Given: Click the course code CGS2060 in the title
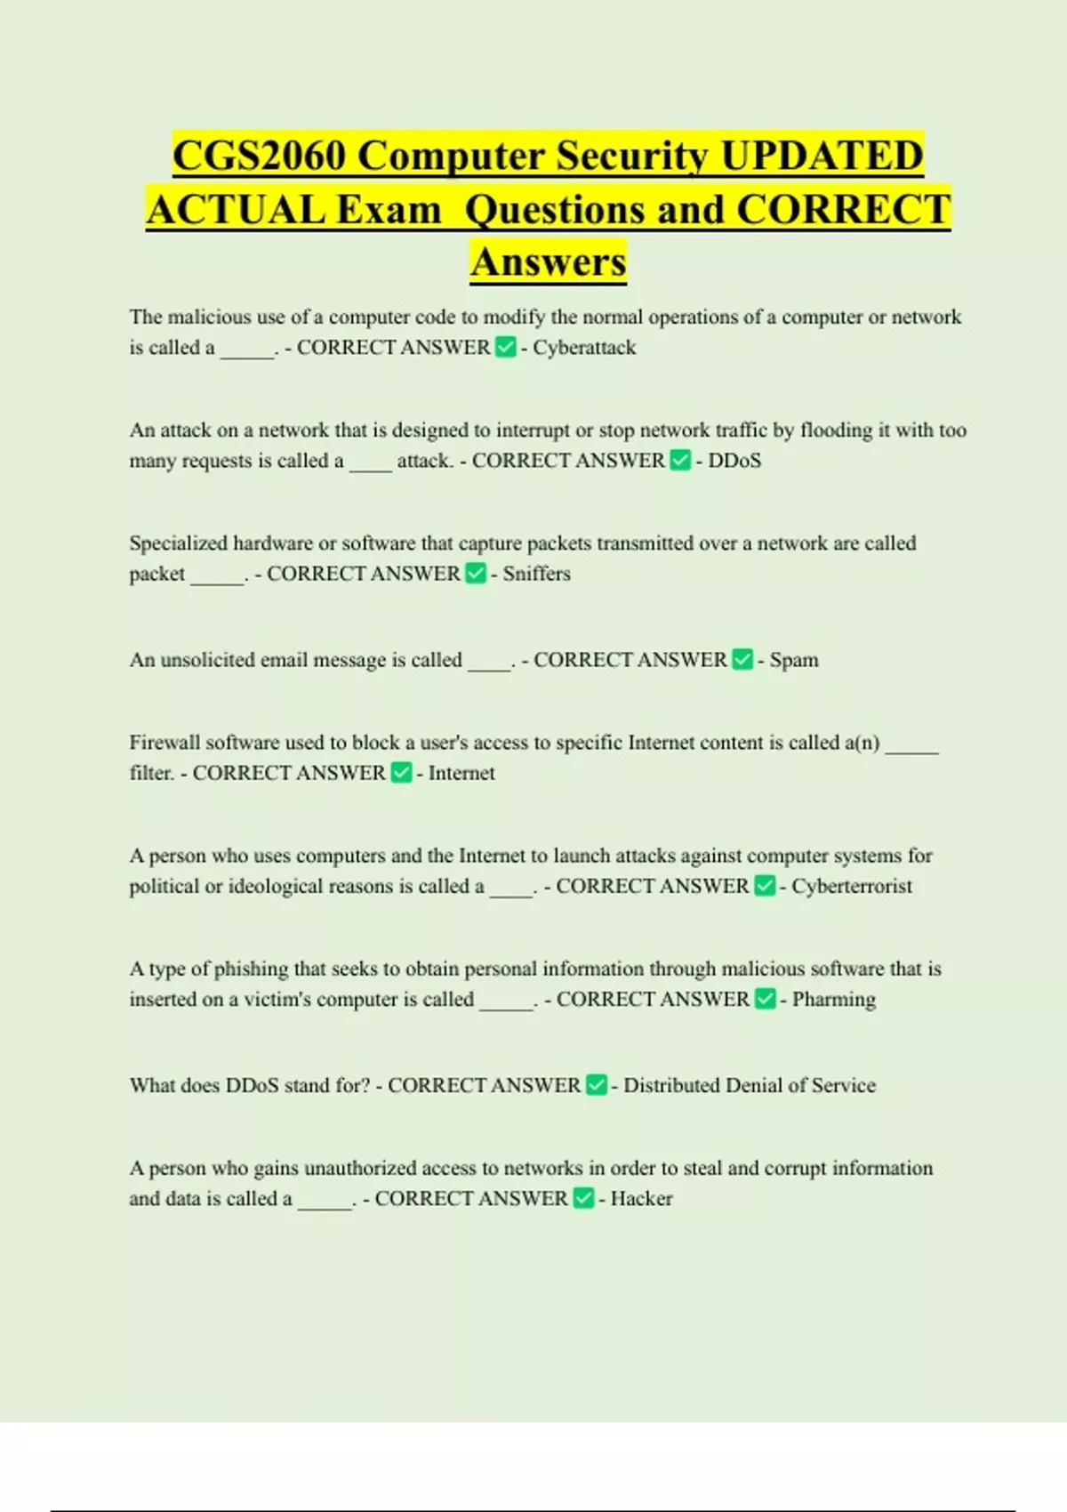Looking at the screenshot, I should pos(259,156).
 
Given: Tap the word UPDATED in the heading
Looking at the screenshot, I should pos(822,156).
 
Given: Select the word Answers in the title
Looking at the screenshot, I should pos(549,261).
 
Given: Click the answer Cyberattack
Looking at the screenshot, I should pos(584,348).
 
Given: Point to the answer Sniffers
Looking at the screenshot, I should pos(536,574).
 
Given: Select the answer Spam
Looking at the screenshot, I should pos(793,660).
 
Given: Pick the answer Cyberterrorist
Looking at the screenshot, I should pos(852,886).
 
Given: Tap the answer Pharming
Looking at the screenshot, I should pos(833,999).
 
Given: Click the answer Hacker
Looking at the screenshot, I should pos(641,1198).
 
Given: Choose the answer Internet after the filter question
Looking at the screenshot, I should pos(461,773).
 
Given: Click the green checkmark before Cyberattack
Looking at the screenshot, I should pos(506,347).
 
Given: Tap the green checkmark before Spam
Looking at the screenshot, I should pos(742,659).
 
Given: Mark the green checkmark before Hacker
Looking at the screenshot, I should pos(583,1198).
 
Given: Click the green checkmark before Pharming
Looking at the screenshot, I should pos(765,999).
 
